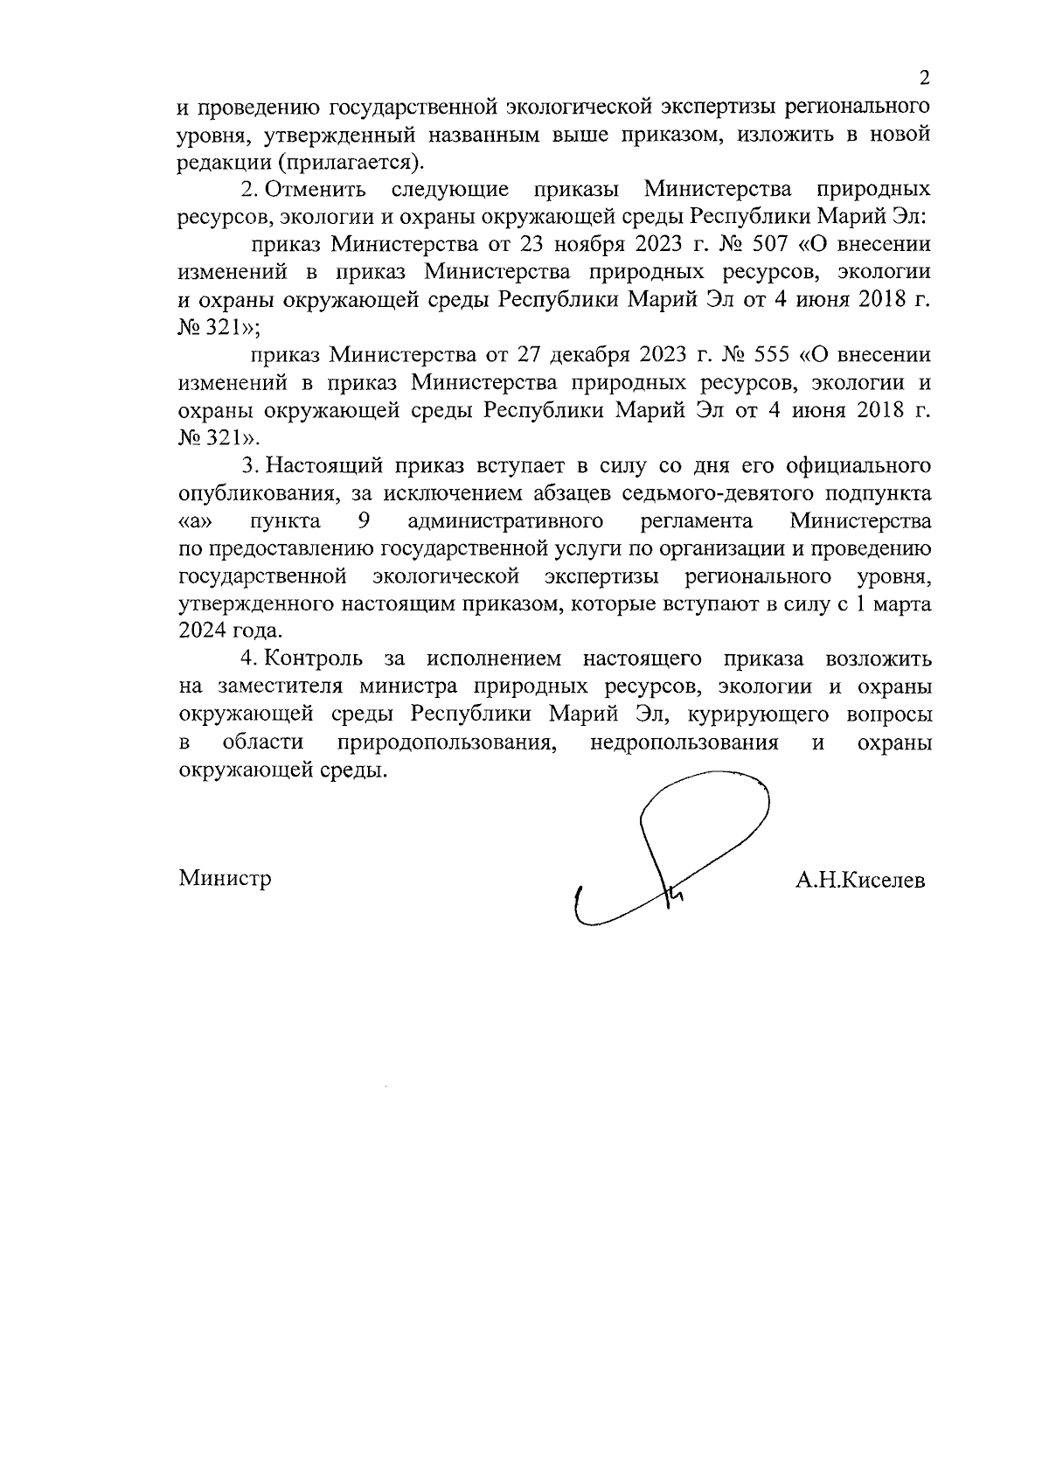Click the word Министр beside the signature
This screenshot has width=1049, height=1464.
tap(225, 877)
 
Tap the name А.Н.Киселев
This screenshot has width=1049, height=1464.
tap(859, 881)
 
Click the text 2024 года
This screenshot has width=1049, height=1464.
tap(230, 631)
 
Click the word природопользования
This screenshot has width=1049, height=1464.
tap(448, 742)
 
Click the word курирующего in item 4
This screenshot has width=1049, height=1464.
tap(758, 715)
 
